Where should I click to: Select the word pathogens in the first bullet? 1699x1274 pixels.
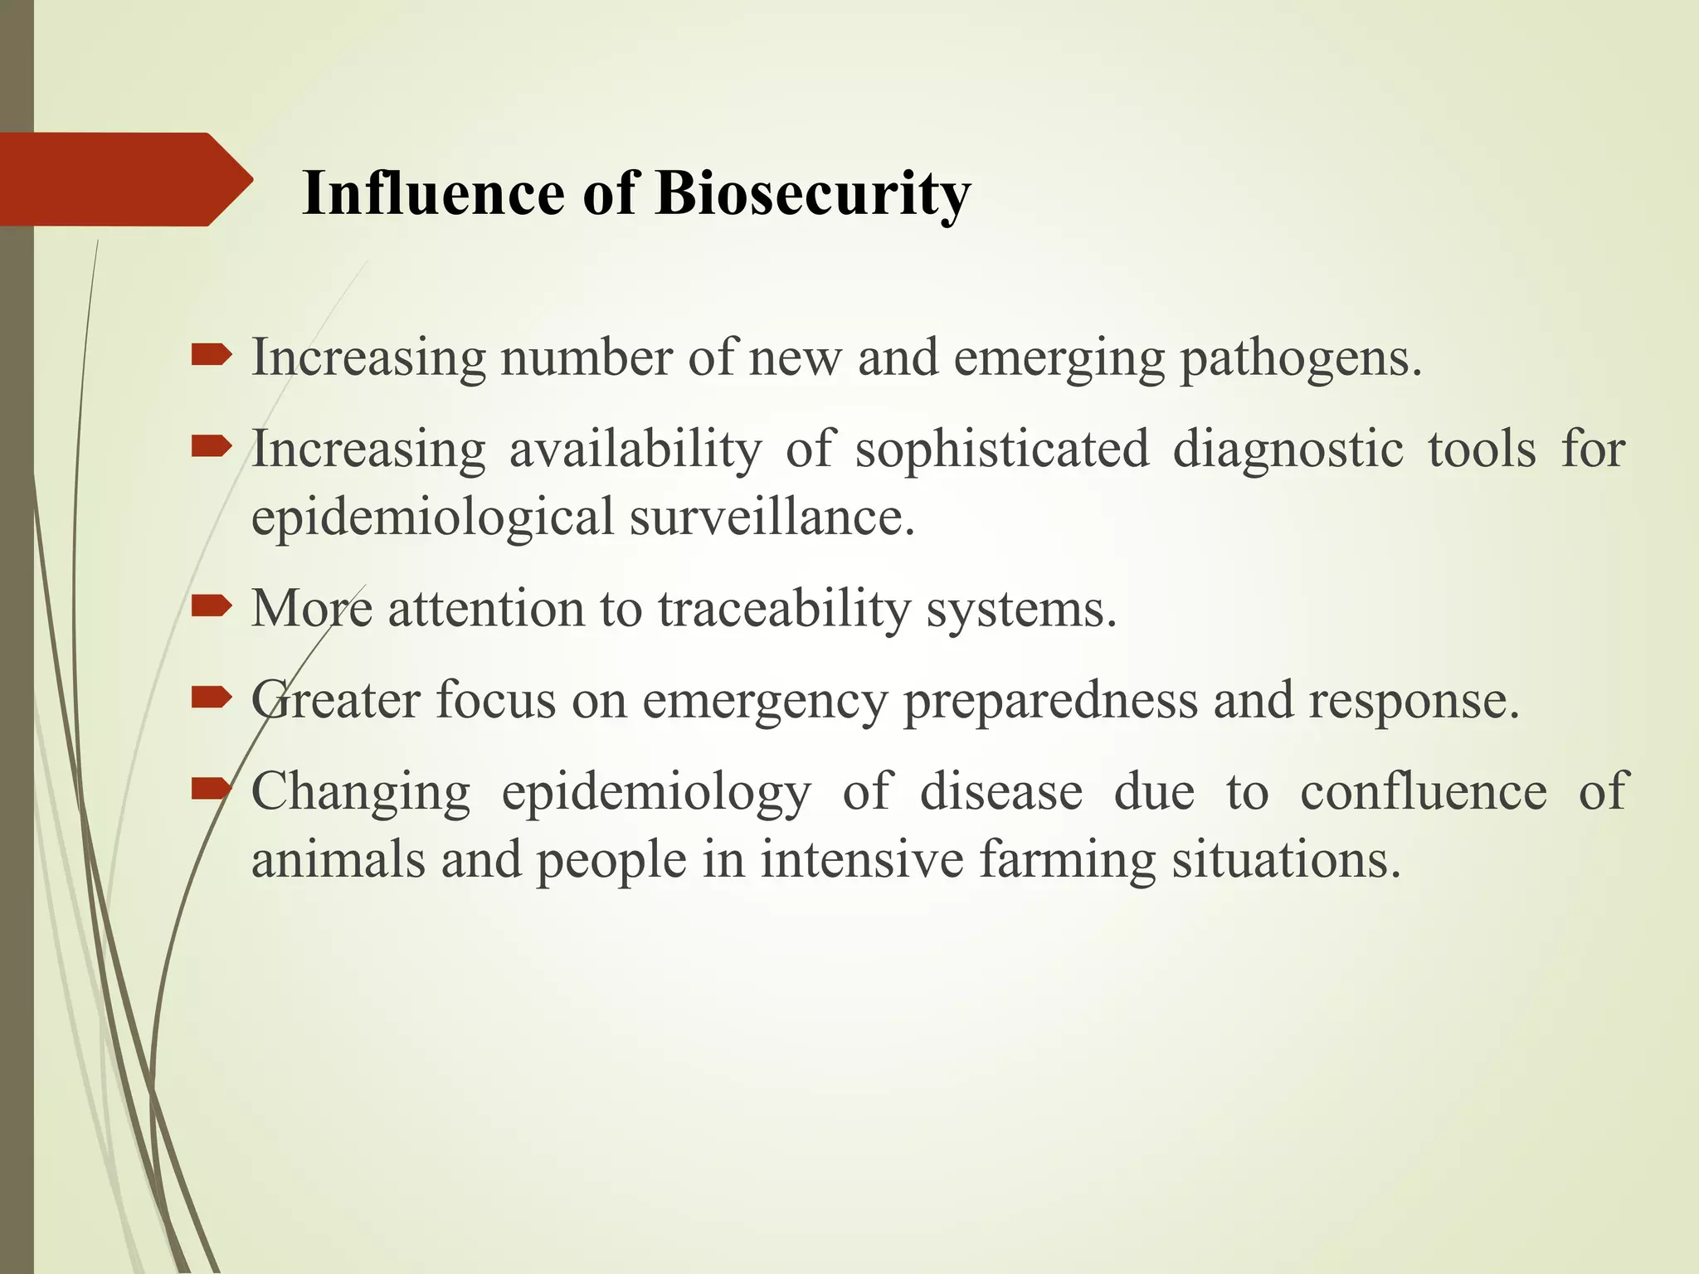pos(1300,359)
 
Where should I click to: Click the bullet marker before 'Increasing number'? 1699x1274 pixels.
pos(212,357)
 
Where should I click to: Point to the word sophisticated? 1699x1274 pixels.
pos(1002,450)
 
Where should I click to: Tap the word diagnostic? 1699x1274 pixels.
pos(1288,451)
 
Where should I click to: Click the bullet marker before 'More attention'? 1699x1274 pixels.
pos(212,608)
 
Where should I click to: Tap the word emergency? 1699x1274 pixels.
pos(764,702)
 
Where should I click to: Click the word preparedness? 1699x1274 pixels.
pos(1050,702)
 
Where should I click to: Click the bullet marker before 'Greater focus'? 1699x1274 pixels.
pos(212,699)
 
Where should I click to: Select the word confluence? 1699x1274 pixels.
pos(1423,791)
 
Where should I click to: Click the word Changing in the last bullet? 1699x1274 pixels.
pos(361,793)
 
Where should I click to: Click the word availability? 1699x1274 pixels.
pos(635,450)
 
